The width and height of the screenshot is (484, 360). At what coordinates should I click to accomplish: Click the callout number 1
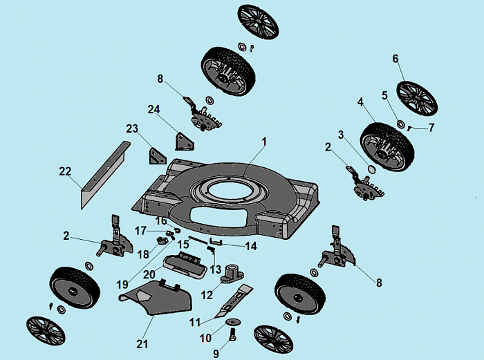(x=263, y=141)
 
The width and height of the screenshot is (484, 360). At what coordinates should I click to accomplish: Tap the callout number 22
(x=65, y=171)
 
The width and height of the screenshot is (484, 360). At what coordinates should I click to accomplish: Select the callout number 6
(x=396, y=59)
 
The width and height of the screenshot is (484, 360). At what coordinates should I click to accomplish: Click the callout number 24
(x=153, y=109)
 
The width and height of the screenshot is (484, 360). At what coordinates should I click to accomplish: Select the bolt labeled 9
(x=232, y=337)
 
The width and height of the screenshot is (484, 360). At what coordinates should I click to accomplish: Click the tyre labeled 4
(x=384, y=146)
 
